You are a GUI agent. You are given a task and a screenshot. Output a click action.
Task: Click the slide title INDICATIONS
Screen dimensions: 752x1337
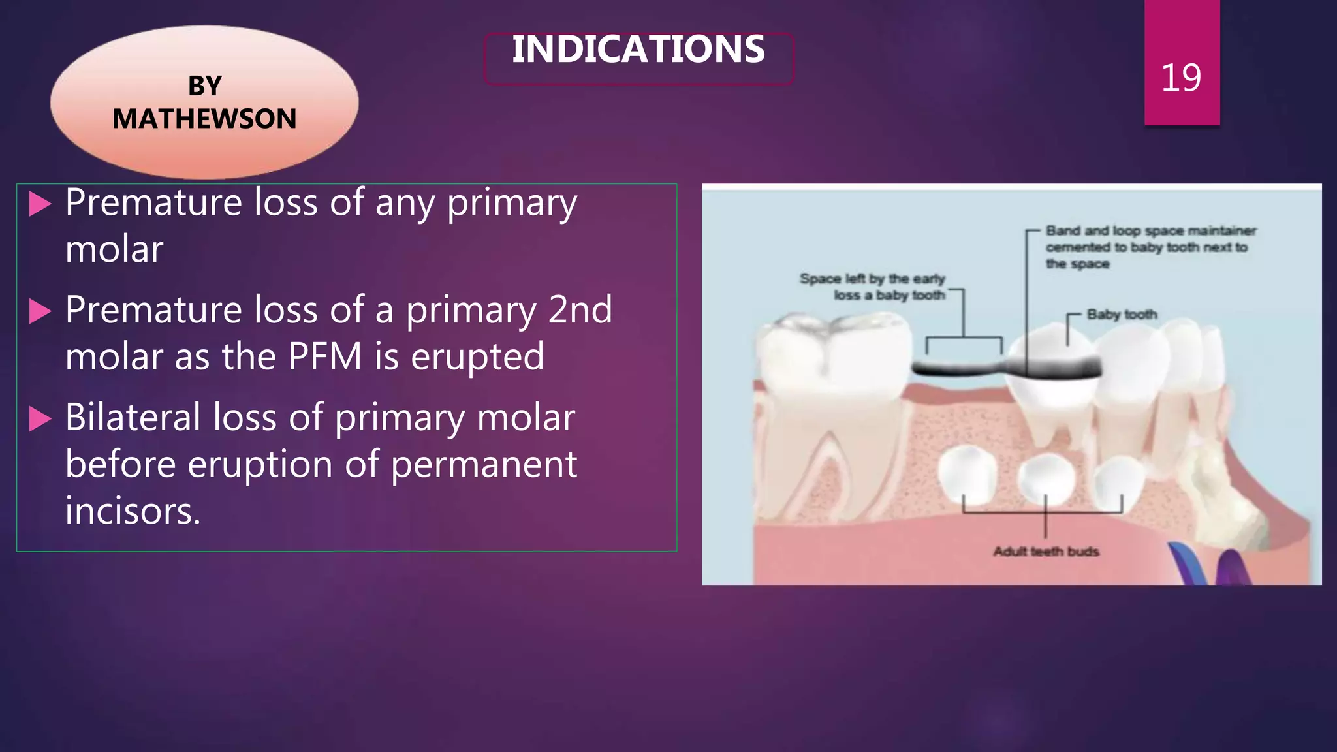[638, 50]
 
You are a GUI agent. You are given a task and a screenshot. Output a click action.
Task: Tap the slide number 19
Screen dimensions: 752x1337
[1181, 78]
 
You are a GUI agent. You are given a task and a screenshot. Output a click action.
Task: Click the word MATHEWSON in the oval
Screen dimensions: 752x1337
[204, 119]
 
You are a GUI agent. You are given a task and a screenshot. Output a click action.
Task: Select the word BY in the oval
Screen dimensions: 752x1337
[205, 86]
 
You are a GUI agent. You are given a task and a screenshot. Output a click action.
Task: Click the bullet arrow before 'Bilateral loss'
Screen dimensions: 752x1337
[40, 418]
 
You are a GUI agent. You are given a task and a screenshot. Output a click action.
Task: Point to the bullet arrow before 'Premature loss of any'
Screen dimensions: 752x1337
[40, 204]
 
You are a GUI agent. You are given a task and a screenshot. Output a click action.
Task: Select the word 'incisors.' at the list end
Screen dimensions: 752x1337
[133, 510]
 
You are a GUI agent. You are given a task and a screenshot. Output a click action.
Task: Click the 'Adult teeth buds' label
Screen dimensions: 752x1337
[1046, 552]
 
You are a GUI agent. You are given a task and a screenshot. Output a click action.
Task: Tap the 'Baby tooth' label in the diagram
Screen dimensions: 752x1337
[1122, 315]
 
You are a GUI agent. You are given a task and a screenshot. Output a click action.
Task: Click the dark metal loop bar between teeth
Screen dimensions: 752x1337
[960, 368]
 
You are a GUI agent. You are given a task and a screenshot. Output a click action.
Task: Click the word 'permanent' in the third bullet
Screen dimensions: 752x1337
[484, 464]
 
